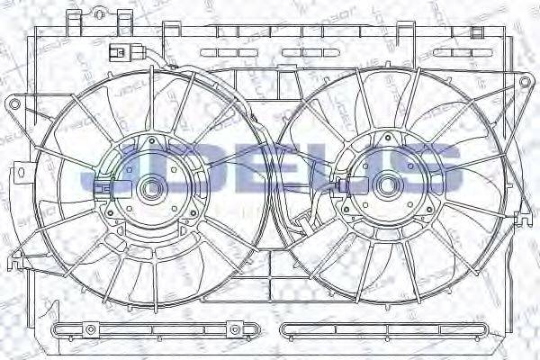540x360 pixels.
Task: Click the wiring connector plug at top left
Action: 116,51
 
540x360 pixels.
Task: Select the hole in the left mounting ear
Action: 13,105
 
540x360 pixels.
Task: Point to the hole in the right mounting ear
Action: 525,83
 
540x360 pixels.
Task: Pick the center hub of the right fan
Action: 388,185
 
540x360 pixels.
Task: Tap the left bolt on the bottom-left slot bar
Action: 62,328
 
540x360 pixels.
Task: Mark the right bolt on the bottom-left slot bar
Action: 233,328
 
